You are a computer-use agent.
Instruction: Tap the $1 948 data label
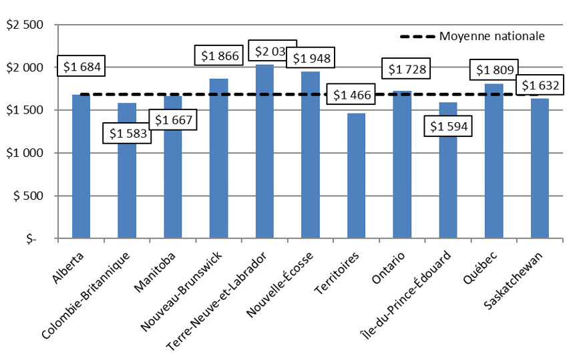311,58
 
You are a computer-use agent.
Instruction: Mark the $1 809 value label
494,69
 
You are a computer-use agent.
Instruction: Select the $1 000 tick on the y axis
25,153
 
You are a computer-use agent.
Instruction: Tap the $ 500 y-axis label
27,196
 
